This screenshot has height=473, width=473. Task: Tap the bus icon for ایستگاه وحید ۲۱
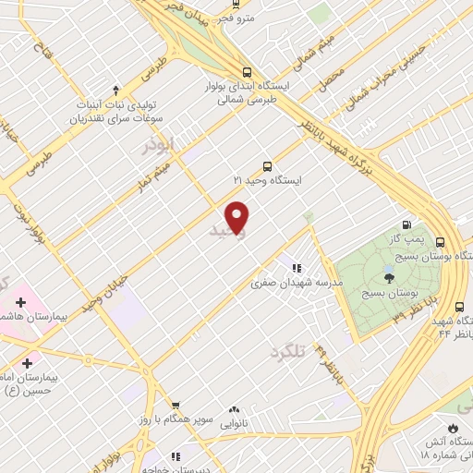[267, 166]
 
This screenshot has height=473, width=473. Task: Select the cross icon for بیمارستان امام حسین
[27, 363]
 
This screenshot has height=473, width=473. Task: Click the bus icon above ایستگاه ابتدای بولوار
[246, 71]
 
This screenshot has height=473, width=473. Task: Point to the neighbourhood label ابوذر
[159, 147]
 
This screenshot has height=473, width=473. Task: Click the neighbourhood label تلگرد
[287, 351]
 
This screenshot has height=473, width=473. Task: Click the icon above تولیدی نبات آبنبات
[115, 90]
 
